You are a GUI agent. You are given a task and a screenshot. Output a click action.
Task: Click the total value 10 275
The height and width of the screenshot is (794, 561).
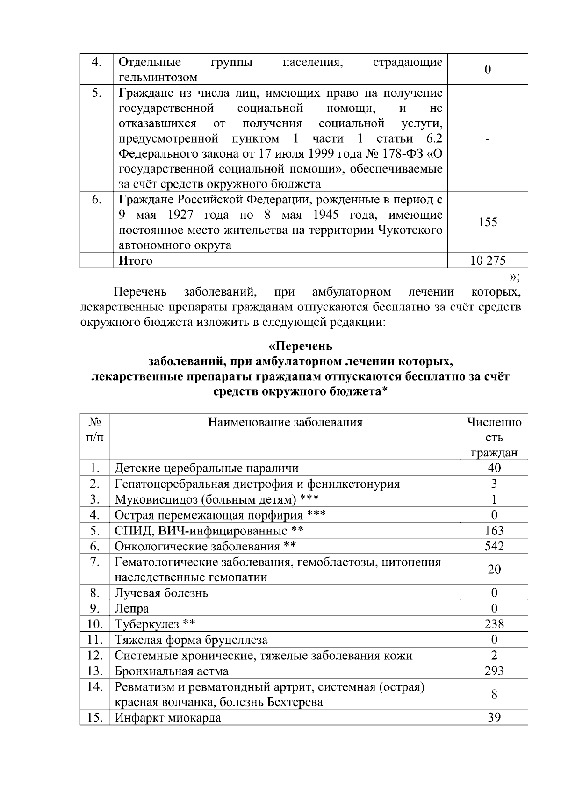click(488, 260)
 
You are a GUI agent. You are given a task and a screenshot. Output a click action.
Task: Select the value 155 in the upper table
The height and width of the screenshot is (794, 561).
click(488, 222)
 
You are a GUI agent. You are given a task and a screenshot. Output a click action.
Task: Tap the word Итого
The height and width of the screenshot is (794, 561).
click(136, 260)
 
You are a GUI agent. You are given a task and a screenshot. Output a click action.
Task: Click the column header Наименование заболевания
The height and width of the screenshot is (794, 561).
click(285, 423)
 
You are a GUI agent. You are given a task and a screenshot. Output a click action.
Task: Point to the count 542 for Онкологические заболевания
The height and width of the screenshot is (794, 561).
click(494, 546)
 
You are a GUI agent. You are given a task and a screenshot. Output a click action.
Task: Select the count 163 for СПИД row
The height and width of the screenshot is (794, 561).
click(494, 531)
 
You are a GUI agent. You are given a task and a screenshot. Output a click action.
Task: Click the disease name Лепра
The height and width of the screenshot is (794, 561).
click(132, 609)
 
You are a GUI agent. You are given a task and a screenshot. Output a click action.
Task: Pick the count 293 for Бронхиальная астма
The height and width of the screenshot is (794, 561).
click(494, 671)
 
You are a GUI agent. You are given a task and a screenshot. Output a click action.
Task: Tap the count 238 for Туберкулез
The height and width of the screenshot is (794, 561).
click(494, 624)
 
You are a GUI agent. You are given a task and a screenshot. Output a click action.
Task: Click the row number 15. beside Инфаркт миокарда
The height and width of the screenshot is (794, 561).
click(95, 717)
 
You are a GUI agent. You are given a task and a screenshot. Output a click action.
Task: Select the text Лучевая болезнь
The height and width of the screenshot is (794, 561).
click(161, 593)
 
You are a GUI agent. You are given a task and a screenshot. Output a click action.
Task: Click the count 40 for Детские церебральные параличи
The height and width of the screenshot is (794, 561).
click(494, 468)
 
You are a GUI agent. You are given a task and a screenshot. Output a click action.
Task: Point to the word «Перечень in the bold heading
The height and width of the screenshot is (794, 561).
click(300, 346)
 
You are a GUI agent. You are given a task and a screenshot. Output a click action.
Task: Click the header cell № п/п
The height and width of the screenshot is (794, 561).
click(95, 430)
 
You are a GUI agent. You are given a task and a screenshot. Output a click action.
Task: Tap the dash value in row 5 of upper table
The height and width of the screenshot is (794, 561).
click(488, 139)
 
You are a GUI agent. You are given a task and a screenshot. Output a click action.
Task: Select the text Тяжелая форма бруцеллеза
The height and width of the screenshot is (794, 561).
click(191, 640)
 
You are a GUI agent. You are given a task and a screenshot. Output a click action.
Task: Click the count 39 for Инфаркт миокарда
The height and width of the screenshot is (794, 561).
click(494, 717)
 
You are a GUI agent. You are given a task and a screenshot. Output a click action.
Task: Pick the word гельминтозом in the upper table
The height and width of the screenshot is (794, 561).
click(158, 77)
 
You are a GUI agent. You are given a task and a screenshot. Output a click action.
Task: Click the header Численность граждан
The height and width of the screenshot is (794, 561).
click(494, 438)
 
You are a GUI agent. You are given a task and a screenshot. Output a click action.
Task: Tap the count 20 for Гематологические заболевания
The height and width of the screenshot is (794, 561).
click(494, 570)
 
